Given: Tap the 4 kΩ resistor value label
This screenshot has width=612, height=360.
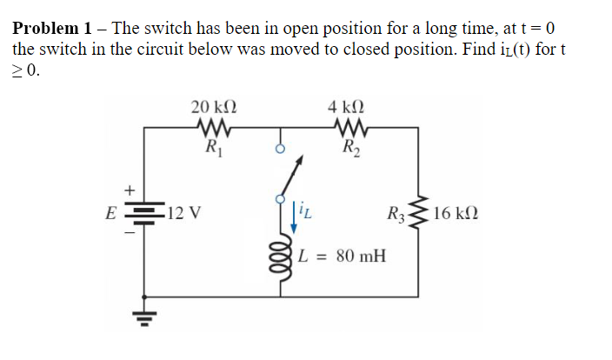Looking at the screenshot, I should pyautogui.click(x=348, y=108).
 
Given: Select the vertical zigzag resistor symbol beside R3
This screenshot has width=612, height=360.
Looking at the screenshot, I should pyautogui.click(x=423, y=210).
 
